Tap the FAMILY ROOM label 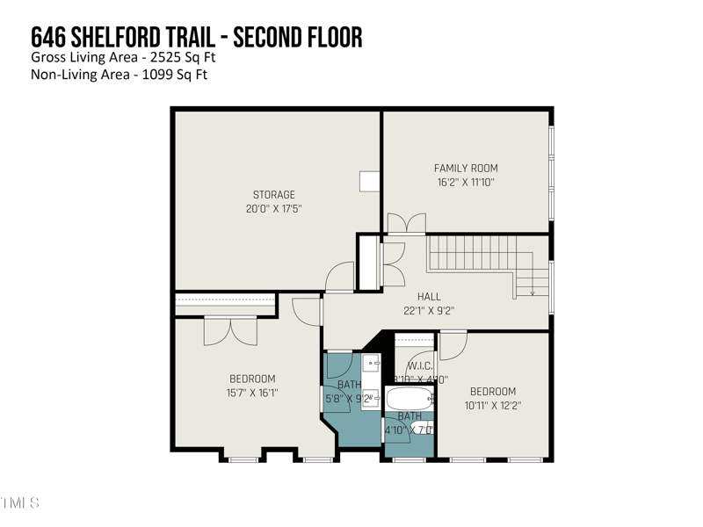click(x=466, y=168)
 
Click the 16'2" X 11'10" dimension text click(x=466, y=182)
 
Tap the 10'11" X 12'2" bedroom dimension click(x=492, y=405)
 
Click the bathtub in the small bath click(x=410, y=399)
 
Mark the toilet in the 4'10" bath click(x=423, y=429)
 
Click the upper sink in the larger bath click(x=370, y=362)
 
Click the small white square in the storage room click(x=368, y=179)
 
